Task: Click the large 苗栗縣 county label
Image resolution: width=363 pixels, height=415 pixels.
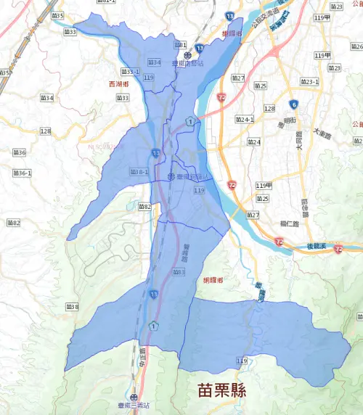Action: [x=221, y=390]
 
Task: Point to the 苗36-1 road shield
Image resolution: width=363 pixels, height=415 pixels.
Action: [x=23, y=173]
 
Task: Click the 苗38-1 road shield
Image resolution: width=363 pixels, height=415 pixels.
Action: [x=139, y=171]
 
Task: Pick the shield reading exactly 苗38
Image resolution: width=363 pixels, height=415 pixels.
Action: [x=71, y=306]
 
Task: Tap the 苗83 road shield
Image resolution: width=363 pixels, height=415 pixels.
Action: [x=179, y=271]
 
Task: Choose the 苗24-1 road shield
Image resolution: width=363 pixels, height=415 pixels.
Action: [x=245, y=119]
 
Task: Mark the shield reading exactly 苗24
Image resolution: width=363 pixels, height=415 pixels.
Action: [x=254, y=141]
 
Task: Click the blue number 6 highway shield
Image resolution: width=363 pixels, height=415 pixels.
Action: [x=293, y=104]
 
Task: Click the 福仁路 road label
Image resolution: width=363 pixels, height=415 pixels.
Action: [x=287, y=223]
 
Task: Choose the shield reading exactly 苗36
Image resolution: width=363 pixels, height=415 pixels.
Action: [x=20, y=152]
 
